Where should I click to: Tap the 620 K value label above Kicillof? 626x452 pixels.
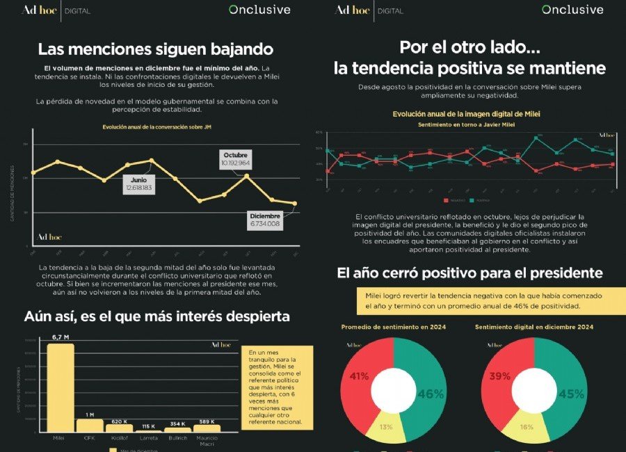(x=120, y=421)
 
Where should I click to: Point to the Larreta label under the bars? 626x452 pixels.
(x=147, y=438)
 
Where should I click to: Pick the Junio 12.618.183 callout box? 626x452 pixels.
(x=138, y=184)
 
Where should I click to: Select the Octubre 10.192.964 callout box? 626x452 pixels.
(x=236, y=159)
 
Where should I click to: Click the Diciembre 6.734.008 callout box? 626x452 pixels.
(x=264, y=220)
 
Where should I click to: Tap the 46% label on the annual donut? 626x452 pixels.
(x=431, y=394)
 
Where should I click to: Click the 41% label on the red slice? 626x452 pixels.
(x=359, y=376)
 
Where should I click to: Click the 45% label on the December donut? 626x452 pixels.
(x=572, y=394)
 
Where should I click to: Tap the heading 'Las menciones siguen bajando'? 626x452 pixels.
(x=155, y=49)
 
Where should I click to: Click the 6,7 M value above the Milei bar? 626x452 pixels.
(x=61, y=337)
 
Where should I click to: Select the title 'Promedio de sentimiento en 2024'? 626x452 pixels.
(x=393, y=326)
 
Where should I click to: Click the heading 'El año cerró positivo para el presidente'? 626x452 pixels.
(x=469, y=273)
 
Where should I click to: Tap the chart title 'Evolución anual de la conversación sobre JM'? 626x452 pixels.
(x=156, y=127)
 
